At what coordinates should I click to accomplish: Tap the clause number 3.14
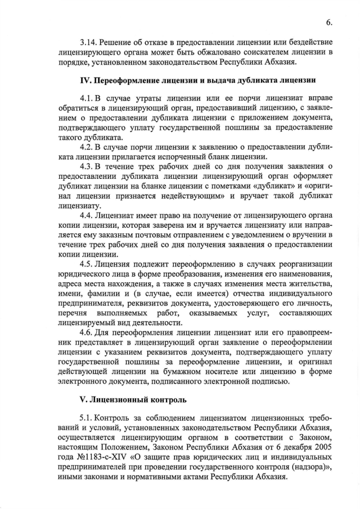pyautogui.click(x=90, y=43)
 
